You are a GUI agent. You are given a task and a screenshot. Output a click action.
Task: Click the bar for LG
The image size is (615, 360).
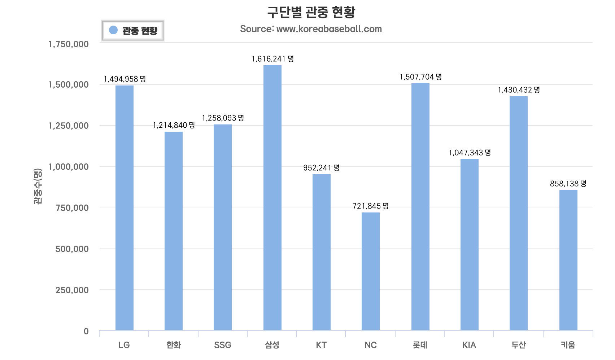tap(125, 208)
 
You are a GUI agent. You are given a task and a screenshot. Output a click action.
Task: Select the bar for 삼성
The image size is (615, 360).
tap(272, 198)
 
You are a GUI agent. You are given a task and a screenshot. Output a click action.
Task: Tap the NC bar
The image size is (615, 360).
tap(371, 271)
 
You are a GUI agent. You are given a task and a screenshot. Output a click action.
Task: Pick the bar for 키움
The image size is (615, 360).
tap(568, 260)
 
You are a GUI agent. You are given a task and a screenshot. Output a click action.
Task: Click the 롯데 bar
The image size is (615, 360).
tap(420, 207)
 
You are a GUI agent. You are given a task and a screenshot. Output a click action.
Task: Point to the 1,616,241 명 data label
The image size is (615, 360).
tap(273, 59)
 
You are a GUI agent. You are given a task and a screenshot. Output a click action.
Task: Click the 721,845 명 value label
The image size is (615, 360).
tap(371, 206)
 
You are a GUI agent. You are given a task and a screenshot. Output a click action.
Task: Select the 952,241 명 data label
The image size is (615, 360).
tap(322, 168)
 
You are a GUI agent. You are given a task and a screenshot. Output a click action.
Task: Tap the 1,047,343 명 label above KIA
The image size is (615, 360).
tap(470, 153)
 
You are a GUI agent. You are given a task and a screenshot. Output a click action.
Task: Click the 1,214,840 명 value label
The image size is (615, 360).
tap(174, 125)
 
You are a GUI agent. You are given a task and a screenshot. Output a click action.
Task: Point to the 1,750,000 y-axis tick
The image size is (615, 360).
tap(69, 44)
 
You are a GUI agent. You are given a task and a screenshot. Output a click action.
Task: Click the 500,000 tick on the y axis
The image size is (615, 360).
tap(72, 249)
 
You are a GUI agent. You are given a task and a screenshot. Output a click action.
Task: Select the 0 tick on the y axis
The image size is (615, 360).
tap(86, 331)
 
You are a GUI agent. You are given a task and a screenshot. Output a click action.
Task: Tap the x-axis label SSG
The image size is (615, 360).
tap(223, 345)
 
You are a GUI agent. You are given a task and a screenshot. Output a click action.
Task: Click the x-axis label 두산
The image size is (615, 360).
tap(519, 345)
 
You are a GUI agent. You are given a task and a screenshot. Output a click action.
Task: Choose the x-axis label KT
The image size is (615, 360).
tap(321, 345)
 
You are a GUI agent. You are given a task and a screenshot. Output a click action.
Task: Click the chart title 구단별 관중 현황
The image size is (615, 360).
tap(311, 12)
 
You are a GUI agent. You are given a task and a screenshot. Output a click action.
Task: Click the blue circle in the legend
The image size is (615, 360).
tap(113, 30)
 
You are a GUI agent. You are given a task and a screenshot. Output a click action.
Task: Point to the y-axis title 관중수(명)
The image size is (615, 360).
tap(38, 186)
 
